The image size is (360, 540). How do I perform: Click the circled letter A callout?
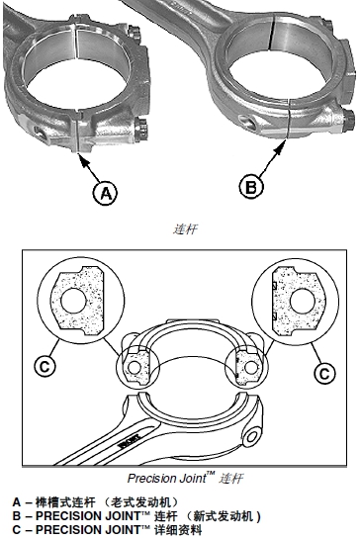(x=105, y=194)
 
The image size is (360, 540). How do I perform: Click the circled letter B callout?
(x=251, y=187)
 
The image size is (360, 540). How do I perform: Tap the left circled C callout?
(x=45, y=366)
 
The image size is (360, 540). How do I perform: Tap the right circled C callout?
(x=324, y=373)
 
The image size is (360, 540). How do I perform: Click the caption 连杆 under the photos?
(x=185, y=229)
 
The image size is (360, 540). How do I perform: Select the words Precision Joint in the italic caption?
(x=167, y=478)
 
